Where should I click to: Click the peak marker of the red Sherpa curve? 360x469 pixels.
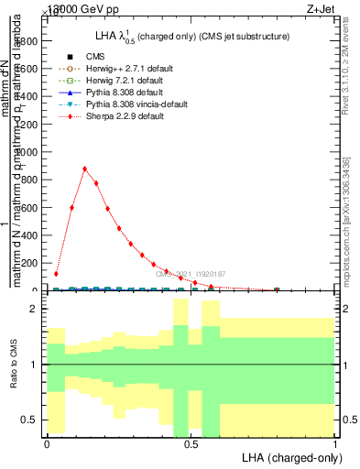[x=84, y=169]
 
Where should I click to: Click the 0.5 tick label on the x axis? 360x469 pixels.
[x=191, y=444]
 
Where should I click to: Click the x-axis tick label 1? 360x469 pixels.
[x=334, y=444]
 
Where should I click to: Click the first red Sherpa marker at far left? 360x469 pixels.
[x=56, y=273]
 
